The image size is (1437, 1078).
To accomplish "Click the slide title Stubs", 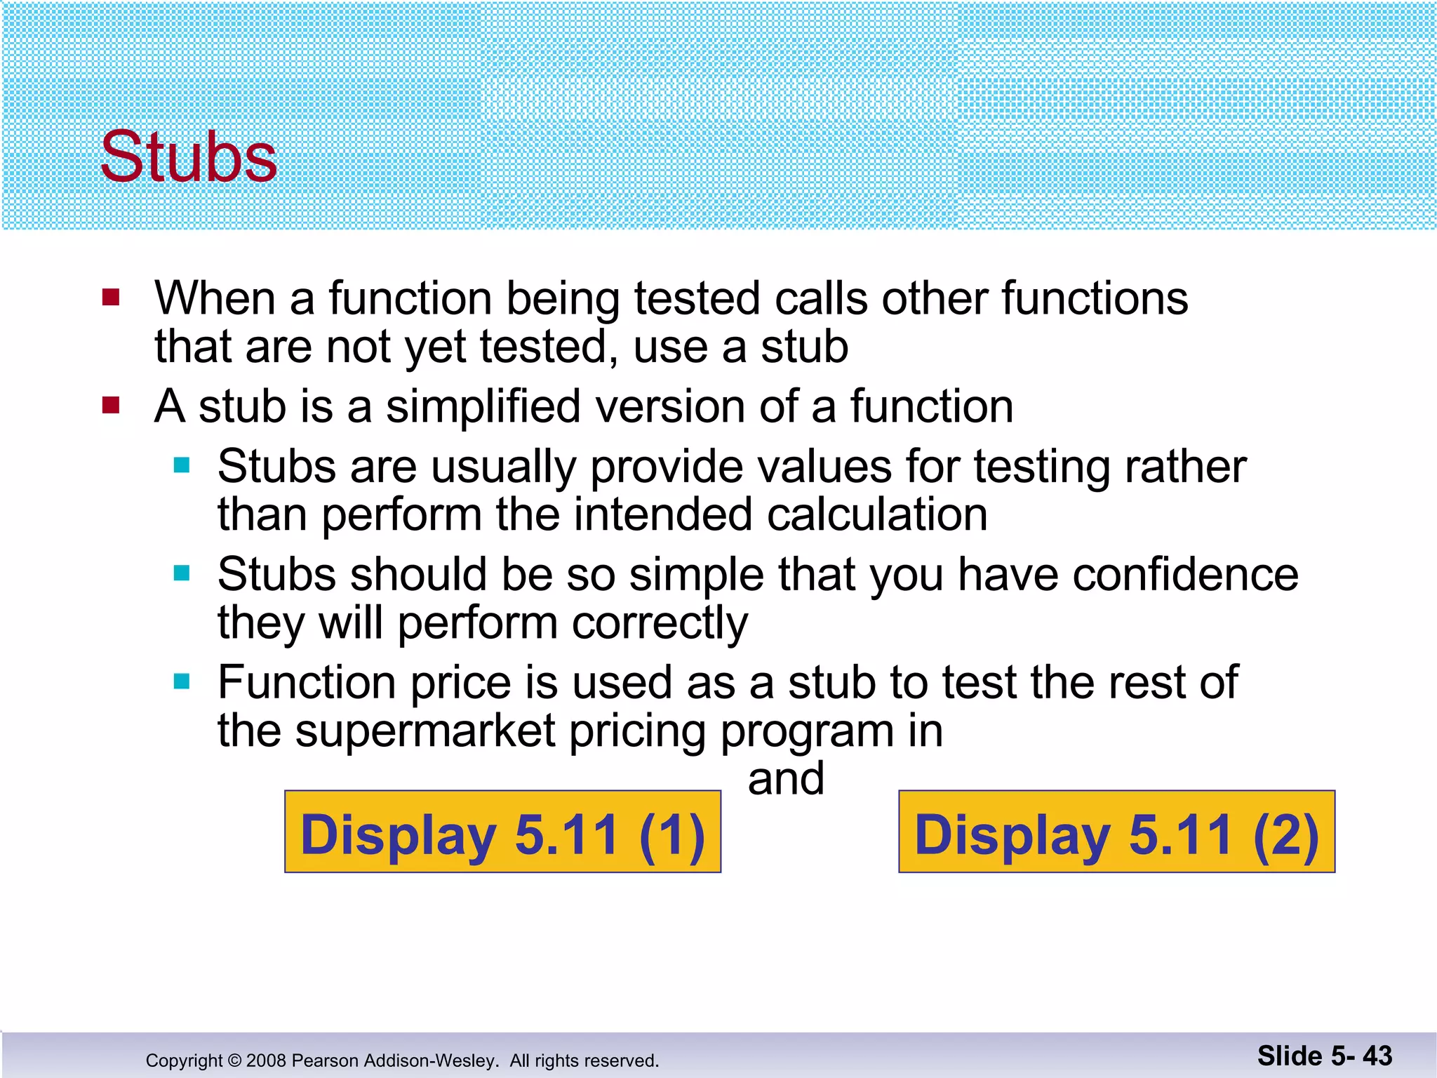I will pos(189,157).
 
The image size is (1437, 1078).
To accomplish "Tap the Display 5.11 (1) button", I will pos(502,832).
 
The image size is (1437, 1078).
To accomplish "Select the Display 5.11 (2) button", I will pos(1116,832).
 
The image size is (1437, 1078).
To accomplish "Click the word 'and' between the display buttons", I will pos(786,779).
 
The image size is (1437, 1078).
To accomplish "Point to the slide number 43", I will pos(1377,1056).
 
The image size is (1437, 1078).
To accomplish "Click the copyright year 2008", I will pos(265,1060).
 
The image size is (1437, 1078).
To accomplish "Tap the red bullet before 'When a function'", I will pos(111,298).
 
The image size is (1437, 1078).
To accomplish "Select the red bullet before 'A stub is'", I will pos(111,406).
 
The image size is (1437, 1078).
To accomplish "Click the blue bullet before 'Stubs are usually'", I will pos(182,465).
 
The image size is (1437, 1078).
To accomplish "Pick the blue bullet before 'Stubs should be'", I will pos(182,573).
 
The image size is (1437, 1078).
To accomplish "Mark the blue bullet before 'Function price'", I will pos(182,681).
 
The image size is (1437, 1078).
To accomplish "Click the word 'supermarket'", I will pos(425,731).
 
